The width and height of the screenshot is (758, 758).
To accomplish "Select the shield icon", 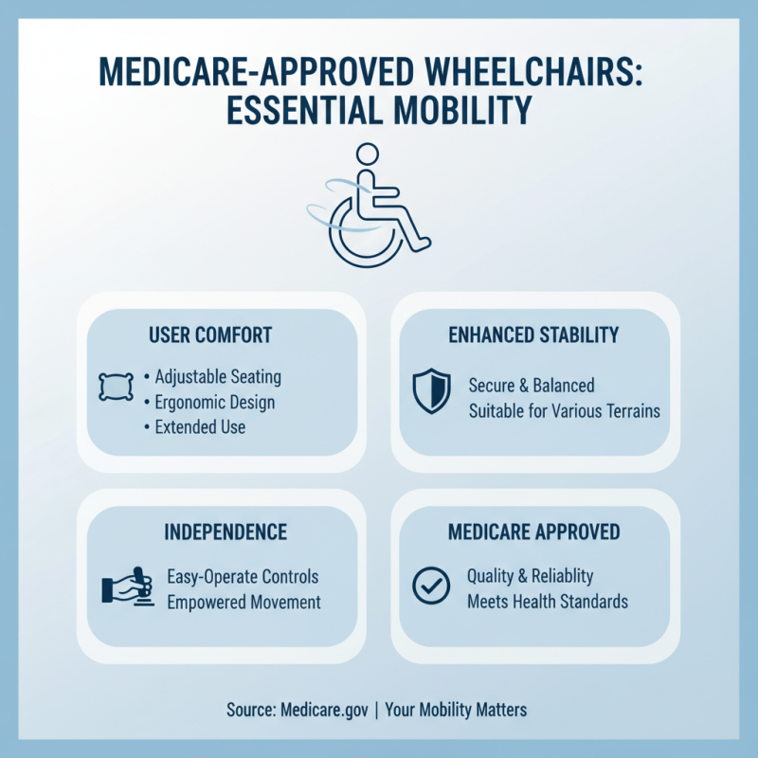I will click(431, 390).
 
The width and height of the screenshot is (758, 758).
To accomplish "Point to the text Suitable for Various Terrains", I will click(564, 411).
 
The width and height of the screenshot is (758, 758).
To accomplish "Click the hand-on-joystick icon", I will click(127, 587).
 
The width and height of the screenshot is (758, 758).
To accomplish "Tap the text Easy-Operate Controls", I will click(243, 576).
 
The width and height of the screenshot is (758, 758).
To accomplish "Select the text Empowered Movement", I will click(244, 602).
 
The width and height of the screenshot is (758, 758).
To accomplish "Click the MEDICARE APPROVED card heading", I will click(534, 532).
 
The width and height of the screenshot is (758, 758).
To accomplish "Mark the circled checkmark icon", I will click(431, 587).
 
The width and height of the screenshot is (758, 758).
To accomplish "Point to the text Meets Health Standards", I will click(548, 602).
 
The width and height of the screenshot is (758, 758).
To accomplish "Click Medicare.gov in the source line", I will click(321, 710).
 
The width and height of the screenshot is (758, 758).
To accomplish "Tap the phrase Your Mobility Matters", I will click(456, 710).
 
